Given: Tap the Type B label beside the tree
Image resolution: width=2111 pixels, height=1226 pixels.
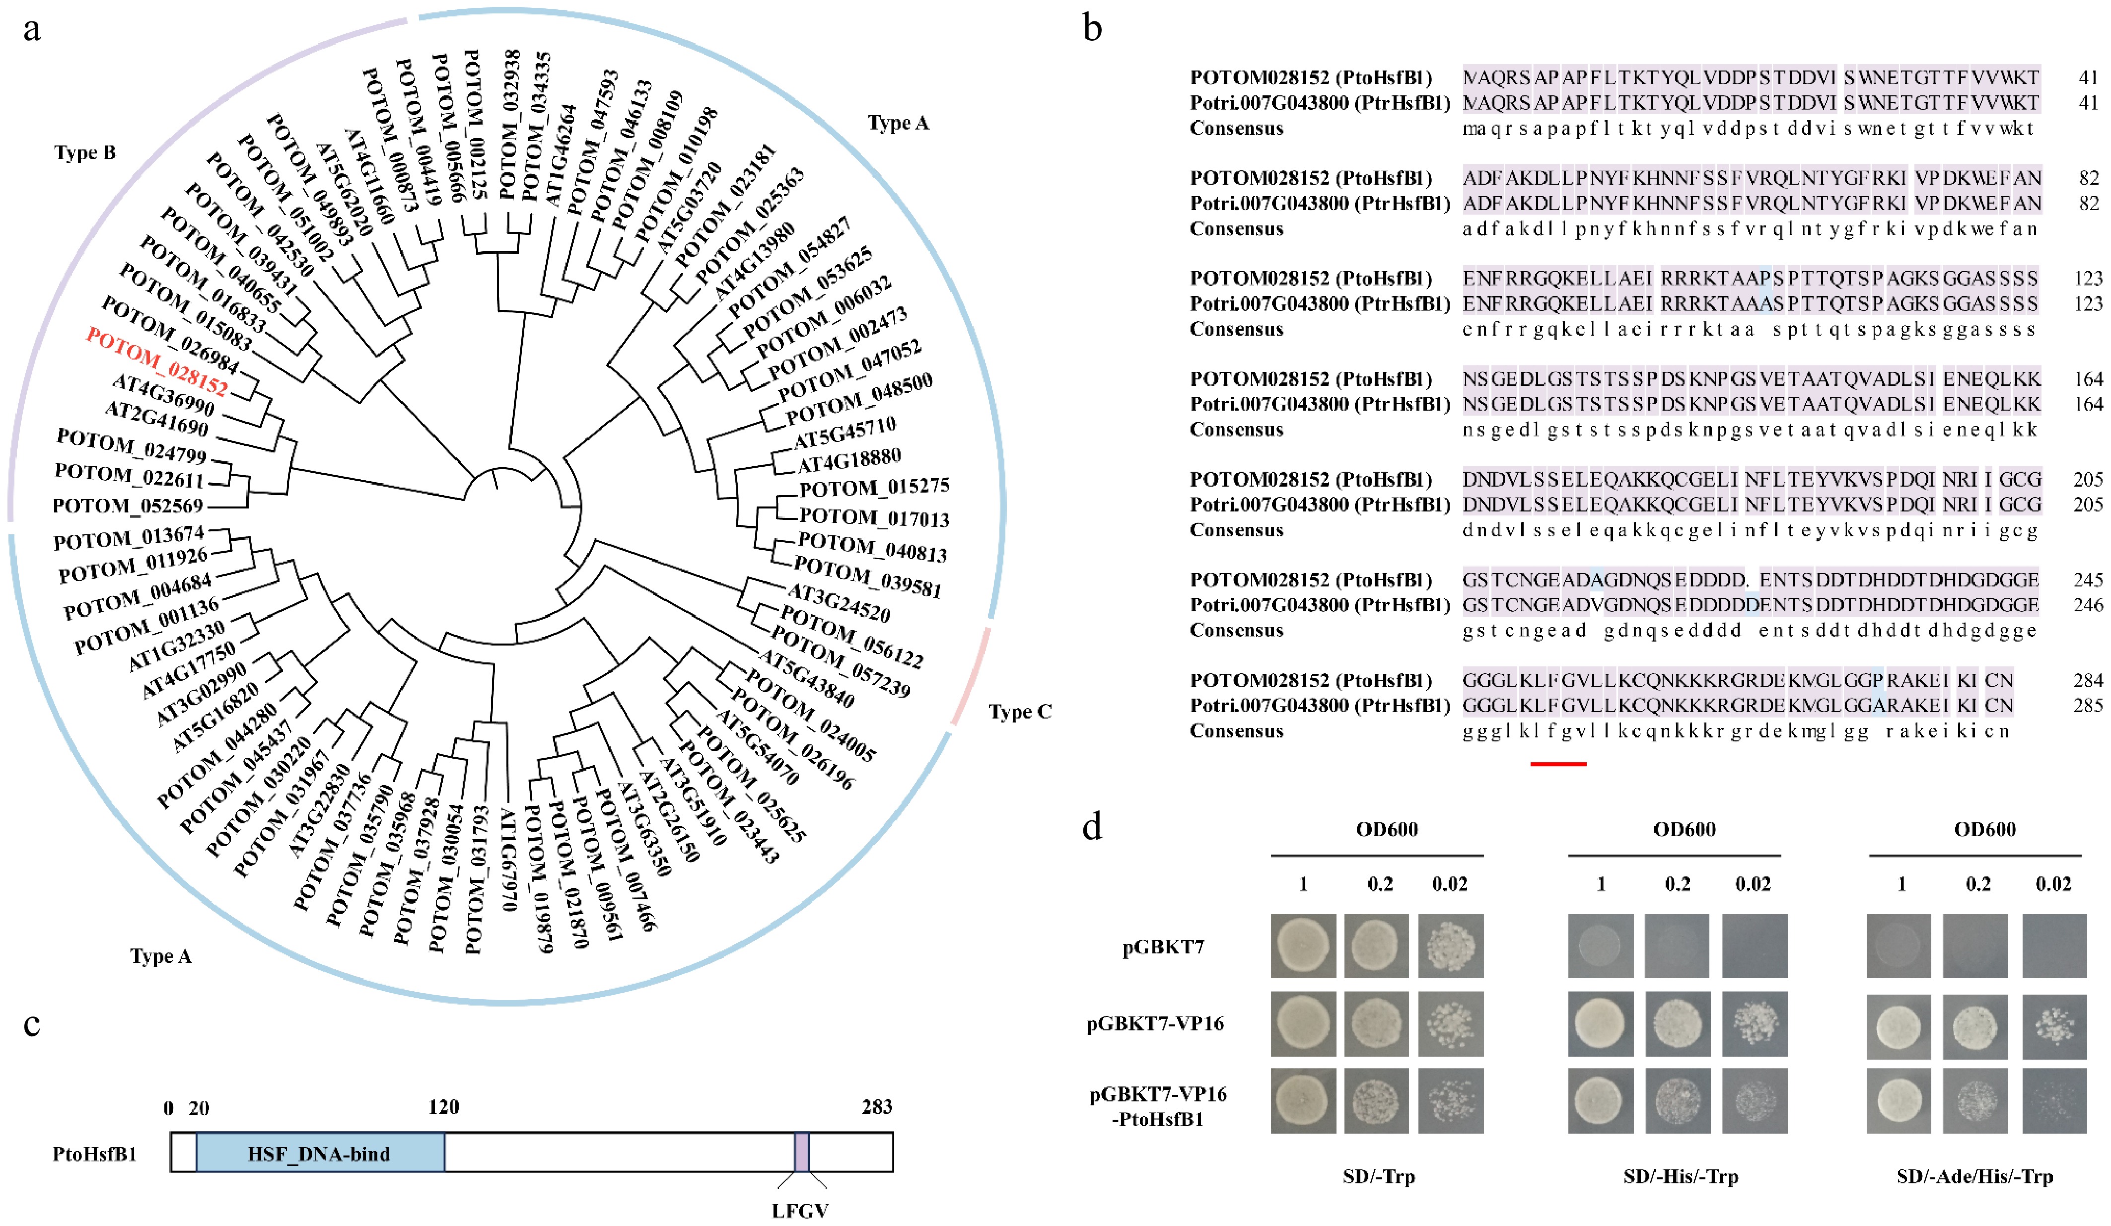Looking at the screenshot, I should coord(84,152).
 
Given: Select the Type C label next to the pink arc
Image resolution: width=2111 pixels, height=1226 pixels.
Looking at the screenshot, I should coord(1019,712).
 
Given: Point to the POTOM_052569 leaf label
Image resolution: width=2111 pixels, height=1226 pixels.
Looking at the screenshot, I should coord(127,506).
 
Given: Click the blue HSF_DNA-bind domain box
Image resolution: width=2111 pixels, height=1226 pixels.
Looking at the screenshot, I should coord(319,1153).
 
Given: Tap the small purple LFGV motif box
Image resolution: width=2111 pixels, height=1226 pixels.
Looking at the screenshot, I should coord(802,1152).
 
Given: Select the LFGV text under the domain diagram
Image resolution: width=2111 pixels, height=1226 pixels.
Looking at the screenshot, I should coord(800,1210).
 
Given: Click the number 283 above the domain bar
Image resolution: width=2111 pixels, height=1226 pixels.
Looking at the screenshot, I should coord(876,1107).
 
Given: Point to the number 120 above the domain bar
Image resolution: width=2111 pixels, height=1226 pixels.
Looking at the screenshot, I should coord(443,1107).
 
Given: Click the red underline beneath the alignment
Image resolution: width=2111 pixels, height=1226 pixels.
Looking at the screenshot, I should coord(1557,763).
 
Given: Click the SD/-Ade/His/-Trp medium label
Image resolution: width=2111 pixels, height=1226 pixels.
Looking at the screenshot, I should coord(1974,1176).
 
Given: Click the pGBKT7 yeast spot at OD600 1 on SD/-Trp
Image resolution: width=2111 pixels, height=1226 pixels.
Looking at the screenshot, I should coord(1303,945).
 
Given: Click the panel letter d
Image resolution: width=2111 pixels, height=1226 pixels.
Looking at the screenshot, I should coord(1092,827).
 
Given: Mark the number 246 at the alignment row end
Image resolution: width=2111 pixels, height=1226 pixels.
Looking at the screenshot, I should coord(2088,605).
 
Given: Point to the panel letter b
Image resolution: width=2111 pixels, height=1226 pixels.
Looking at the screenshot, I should coord(1092,28).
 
